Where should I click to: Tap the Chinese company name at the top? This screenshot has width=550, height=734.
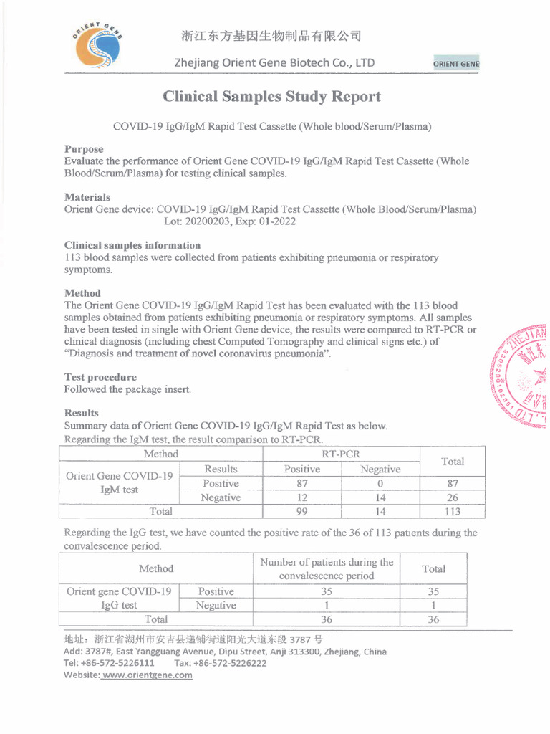pyautogui.click(x=271, y=36)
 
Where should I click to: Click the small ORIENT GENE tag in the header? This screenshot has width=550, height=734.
pyautogui.click(x=456, y=64)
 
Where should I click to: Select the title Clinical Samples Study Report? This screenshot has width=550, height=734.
pyautogui.click(x=271, y=97)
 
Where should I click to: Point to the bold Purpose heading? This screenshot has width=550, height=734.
pyautogui.click(x=84, y=149)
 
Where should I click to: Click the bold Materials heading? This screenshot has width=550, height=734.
pyautogui.click(x=87, y=196)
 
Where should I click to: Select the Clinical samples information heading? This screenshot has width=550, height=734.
pyautogui.click(x=132, y=245)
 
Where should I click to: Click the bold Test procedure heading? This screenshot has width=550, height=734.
pyautogui.click(x=100, y=377)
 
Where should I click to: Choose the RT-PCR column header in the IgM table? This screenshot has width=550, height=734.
pyautogui.click(x=341, y=454)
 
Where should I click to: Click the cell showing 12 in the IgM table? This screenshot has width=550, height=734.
pyautogui.click(x=301, y=497)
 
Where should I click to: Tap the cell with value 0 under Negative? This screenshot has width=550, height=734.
pyautogui.click(x=380, y=483)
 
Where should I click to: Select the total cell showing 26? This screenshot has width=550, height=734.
pyautogui.click(x=453, y=497)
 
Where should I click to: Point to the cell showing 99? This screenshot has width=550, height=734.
pyautogui.click(x=301, y=512)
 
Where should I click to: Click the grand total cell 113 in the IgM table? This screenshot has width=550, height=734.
pyautogui.click(x=453, y=512)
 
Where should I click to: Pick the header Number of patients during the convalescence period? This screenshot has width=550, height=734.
pyautogui.click(x=327, y=569)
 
